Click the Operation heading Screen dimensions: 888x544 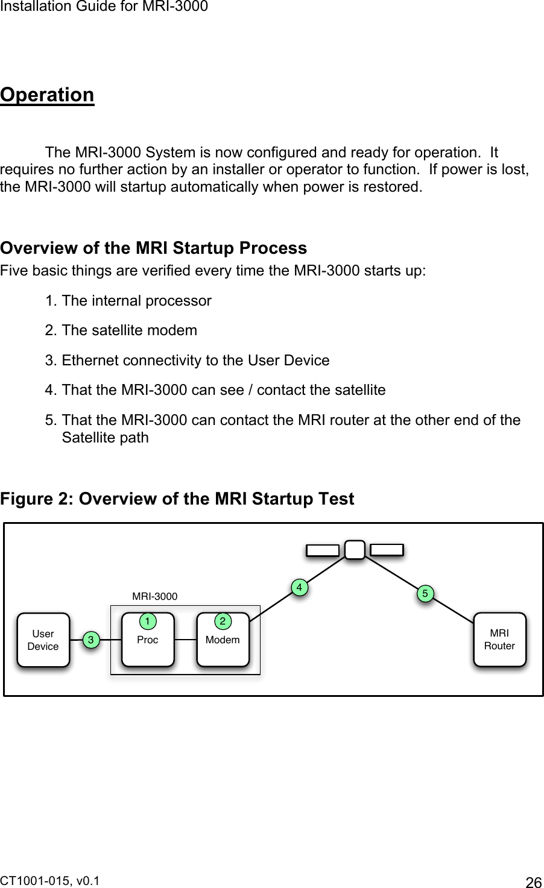[47, 95]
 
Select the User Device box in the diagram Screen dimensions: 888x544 [43, 640]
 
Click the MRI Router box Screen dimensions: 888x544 [499, 640]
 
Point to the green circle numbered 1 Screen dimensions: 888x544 [145, 620]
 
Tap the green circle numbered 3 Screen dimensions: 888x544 [90, 640]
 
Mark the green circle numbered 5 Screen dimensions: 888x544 [425, 594]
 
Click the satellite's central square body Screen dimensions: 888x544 [355, 550]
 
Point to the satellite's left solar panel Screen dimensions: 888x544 [323, 550]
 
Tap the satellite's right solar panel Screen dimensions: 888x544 [387, 549]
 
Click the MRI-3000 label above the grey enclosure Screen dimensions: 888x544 [155, 596]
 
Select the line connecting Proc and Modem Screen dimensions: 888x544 [186, 640]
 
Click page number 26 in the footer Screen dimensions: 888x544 [534, 883]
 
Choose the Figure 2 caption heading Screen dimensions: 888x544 [177, 499]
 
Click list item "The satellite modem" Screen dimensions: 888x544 [129, 330]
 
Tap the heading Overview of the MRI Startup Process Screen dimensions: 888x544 [153, 248]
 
